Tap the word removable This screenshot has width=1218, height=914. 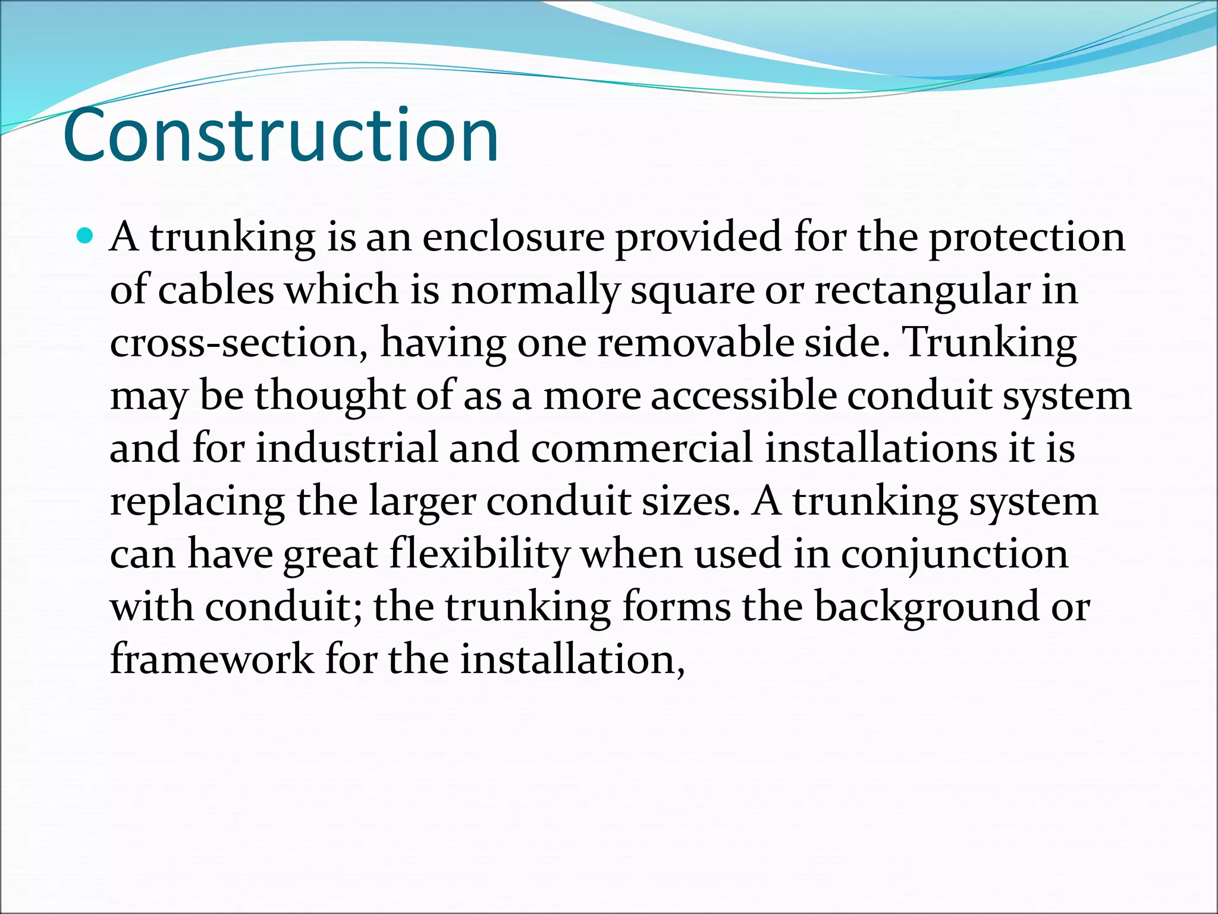coord(695,343)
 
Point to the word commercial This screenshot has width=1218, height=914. coord(642,447)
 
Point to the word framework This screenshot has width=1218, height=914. coord(212,659)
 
